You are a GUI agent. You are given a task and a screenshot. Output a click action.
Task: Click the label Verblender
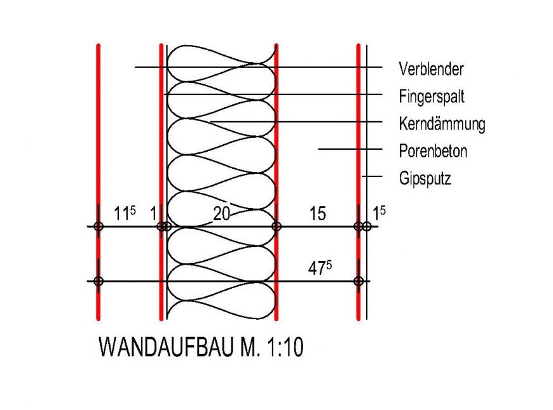click(x=431, y=69)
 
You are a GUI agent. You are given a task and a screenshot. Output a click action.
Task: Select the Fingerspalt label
click(x=432, y=96)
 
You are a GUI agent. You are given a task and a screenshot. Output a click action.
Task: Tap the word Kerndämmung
click(x=442, y=124)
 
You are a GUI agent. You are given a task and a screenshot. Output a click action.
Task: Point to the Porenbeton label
click(x=433, y=152)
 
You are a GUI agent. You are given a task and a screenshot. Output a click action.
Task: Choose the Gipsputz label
click(x=425, y=179)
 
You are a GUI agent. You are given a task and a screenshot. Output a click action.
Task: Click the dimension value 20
click(x=221, y=214)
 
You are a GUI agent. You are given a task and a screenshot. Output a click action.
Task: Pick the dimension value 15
click(x=317, y=214)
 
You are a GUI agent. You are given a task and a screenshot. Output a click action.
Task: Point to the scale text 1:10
click(x=282, y=347)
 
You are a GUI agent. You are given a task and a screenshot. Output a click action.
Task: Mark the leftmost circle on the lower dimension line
click(x=98, y=281)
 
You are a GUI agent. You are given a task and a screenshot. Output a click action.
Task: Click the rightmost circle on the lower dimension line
click(x=358, y=281)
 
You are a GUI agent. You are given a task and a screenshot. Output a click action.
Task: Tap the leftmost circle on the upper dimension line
click(x=98, y=226)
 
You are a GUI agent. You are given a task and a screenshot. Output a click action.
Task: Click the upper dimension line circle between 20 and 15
click(x=276, y=226)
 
